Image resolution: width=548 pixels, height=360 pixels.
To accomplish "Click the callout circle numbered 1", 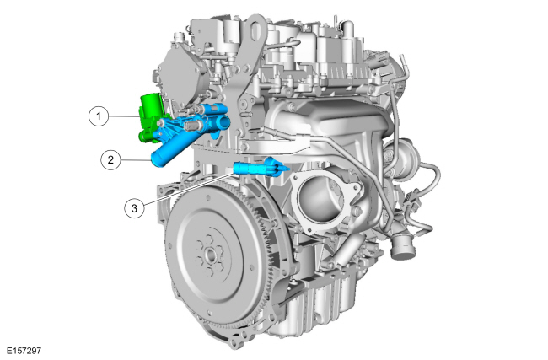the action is point(98,116).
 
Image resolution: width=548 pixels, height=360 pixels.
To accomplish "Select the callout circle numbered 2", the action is point(110,159).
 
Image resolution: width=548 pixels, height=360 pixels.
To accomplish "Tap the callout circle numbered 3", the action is point(134,208).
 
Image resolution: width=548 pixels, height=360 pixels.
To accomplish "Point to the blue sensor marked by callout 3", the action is point(261,167).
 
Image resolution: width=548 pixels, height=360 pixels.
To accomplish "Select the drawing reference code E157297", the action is point(24,350).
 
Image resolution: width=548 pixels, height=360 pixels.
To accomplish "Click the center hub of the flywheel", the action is point(211,256).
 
